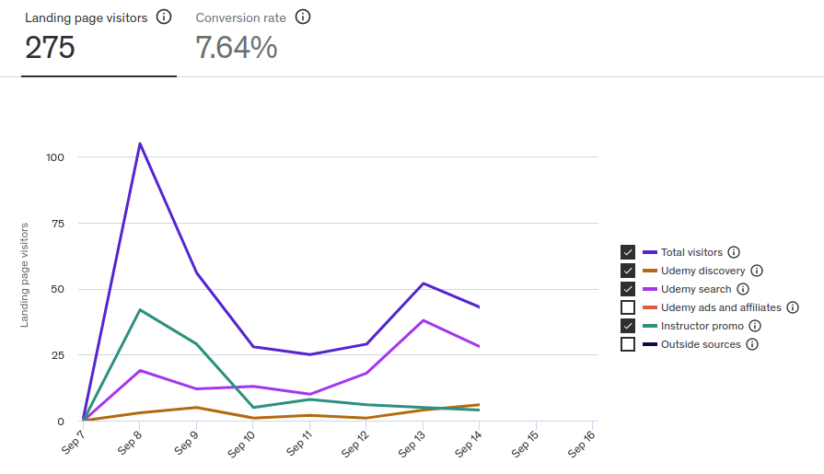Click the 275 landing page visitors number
pyautogui.click(x=50, y=48)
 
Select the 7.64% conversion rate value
pyautogui.click(x=237, y=48)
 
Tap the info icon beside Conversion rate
pyautogui.click(x=303, y=17)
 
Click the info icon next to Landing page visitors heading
pyautogui.click(x=164, y=17)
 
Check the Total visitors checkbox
pyautogui.click(x=628, y=252)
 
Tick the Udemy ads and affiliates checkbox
pyautogui.click(x=628, y=307)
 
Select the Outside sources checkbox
pyautogui.click(x=628, y=344)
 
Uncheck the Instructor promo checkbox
pyautogui.click(x=628, y=326)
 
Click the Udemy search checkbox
pyautogui.click(x=628, y=289)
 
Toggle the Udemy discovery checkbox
pyautogui.click(x=628, y=271)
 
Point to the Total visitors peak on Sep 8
pyautogui.click(x=140, y=144)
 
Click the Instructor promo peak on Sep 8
pyautogui.click(x=140, y=310)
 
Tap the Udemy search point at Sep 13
pyautogui.click(x=423, y=320)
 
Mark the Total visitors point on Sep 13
pyautogui.click(x=423, y=283)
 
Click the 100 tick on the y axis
pyautogui.click(x=55, y=157)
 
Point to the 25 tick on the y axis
pyautogui.click(x=58, y=355)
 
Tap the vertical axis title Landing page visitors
pyautogui.click(x=25, y=275)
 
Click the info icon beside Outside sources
pyautogui.click(x=752, y=344)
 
